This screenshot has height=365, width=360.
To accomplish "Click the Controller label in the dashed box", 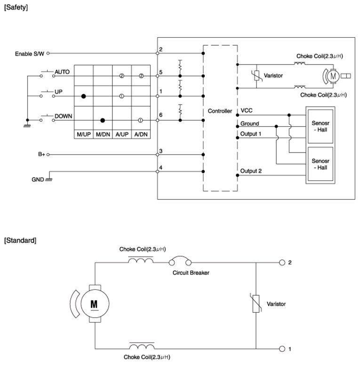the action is [x=220, y=111].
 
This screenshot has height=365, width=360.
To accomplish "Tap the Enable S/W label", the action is [x=30, y=54].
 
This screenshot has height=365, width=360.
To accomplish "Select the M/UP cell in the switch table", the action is [x=84, y=134].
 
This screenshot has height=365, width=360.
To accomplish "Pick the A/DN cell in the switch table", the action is [x=141, y=134].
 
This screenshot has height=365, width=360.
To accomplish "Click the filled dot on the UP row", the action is [x=84, y=96].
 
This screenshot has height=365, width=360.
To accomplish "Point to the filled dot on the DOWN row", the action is [x=103, y=121].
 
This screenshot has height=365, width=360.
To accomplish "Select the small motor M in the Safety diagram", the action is [x=333, y=76].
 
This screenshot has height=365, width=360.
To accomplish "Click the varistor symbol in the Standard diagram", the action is [x=256, y=304].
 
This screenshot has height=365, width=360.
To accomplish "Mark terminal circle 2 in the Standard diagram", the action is [x=282, y=263].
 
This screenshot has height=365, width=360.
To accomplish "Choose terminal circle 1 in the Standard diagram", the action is [x=282, y=349].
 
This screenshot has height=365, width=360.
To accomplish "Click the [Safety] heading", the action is [x=16, y=8].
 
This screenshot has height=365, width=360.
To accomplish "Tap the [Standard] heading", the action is [x=20, y=240].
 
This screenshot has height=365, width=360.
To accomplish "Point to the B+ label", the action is [x=41, y=154].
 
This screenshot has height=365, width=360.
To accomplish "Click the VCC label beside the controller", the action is [x=247, y=110].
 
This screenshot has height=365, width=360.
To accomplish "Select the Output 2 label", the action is [x=251, y=171].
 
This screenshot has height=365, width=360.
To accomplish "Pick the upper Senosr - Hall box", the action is [x=320, y=126].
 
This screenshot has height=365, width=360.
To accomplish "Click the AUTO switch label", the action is [x=62, y=72].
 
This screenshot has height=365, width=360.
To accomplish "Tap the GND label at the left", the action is [x=38, y=179].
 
